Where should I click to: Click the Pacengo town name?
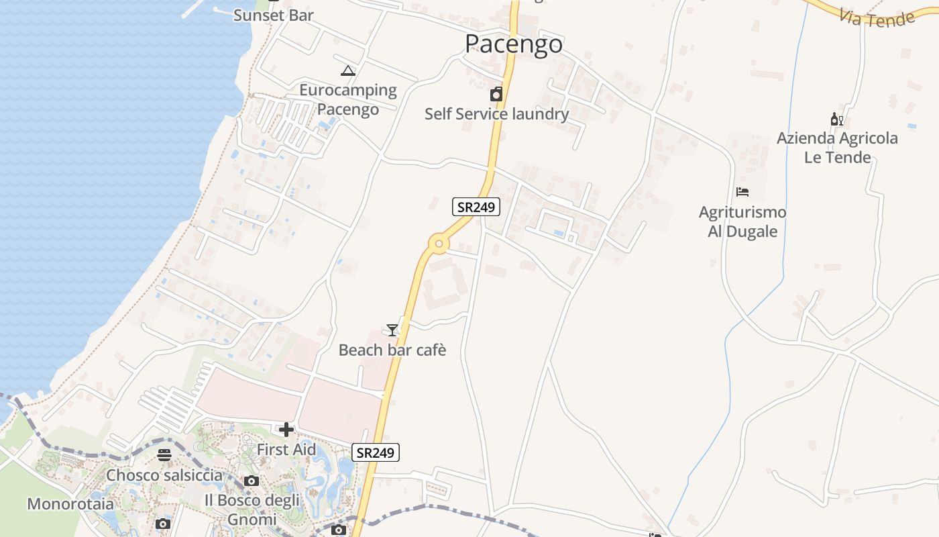click(514, 44)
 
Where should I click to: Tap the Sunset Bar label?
click(273, 15)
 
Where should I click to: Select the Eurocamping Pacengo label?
click(348, 99)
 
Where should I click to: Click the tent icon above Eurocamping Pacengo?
click(348, 70)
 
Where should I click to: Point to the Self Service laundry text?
click(496, 114)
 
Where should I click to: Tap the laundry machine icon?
click(496, 94)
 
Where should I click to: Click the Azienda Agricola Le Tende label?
click(837, 148)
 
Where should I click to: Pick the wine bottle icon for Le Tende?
click(836, 119)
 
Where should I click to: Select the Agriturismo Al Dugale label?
click(742, 222)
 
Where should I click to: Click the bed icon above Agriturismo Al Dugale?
click(742, 192)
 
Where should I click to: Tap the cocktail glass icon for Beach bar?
click(392, 330)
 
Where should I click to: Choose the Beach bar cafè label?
click(392, 350)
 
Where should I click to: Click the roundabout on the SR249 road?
click(439, 244)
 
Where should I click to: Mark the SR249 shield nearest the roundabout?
click(476, 207)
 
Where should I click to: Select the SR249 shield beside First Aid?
click(376, 452)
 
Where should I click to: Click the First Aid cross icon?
click(286, 430)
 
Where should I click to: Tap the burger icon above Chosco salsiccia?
click(164, 455)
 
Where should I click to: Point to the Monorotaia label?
click(70, 503)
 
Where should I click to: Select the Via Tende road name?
click(877, 19)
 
